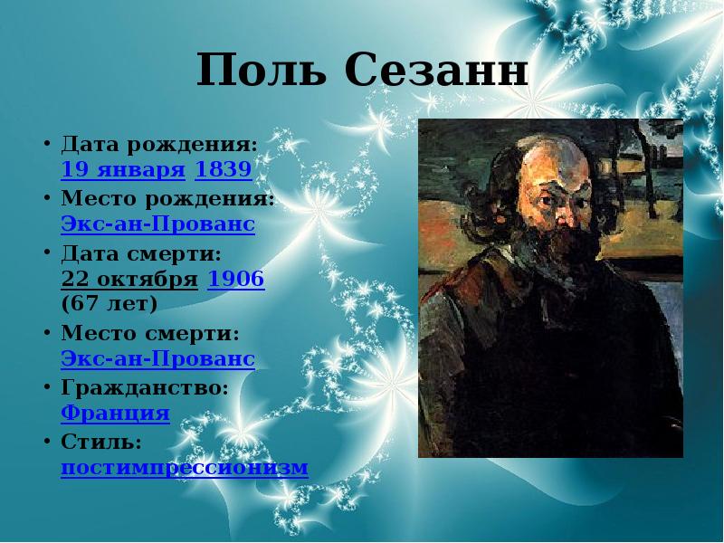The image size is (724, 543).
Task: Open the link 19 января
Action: (x=123, y=169)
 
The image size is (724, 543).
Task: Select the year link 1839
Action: (x=224, y=169)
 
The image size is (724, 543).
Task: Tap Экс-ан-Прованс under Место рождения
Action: (x=157, y=224)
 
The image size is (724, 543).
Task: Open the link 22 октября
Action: (x=129, y=279)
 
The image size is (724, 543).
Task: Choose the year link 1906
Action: (x=236, y=279)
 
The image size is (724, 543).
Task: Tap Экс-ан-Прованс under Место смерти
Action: (x=157, y=359)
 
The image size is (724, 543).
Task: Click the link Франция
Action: (x=115, y=414)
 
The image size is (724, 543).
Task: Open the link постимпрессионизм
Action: (x=185, y=468)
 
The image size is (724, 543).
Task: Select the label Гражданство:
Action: (x=144, y=387)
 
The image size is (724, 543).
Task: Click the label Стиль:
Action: (x=100, y=442)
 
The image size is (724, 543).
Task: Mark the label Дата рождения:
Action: (x=159, y=143)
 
